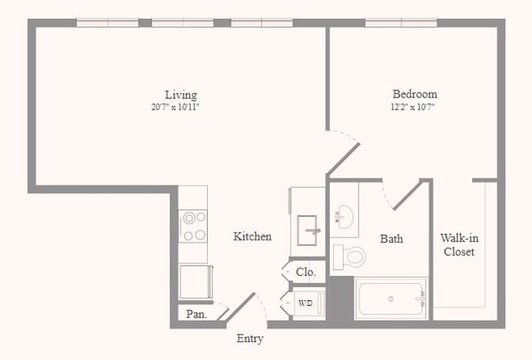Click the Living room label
[180, 94]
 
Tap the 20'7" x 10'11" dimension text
[180, 106]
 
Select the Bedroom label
[414, 94]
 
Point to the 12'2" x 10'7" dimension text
[414, 106]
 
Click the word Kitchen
[252, 236]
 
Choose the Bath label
[391, 239]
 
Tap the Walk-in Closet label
[458, 245]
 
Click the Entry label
[250, 338]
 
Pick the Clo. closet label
[305, 272]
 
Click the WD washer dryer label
[305, 303]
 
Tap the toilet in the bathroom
[350, 255]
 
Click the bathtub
[391, 299]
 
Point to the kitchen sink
[309, 225]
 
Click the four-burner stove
[194, 226]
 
